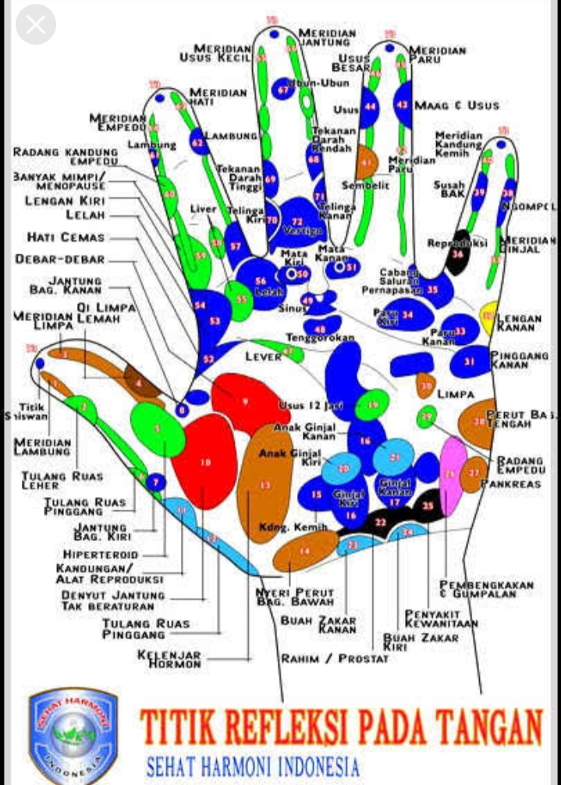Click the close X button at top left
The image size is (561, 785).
coord(35,25)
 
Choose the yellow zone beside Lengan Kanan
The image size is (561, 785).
coord(489,316)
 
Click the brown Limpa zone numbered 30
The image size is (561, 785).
coord(425,384)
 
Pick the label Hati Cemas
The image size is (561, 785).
coord(66,237)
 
